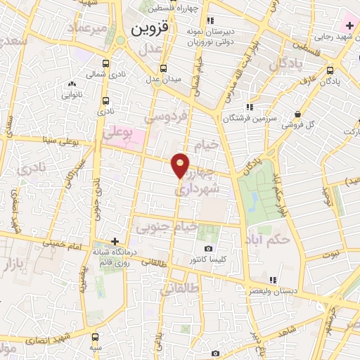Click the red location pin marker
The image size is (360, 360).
tap(181, 165)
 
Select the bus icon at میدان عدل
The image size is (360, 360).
tap(164, 68)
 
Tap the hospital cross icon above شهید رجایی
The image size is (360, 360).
tap(349, 25)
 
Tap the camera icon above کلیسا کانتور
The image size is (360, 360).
tap(208, 249)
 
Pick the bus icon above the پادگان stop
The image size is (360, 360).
tap(330, 70)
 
